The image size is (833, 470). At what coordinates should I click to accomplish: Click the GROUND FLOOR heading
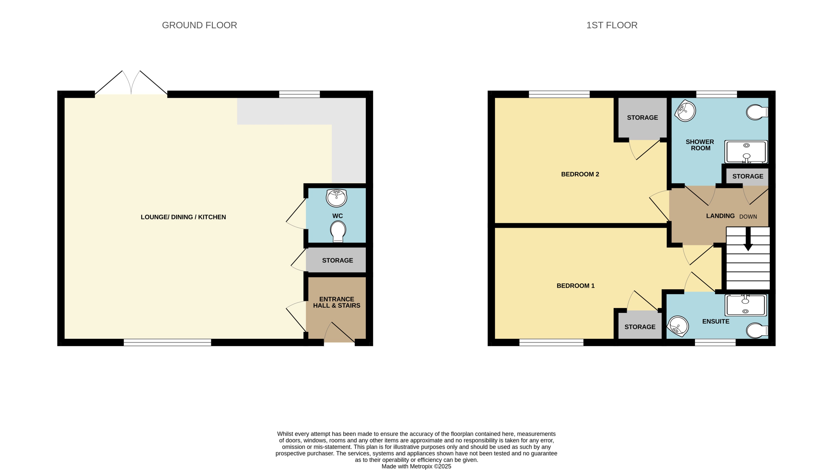[x=199, y=25]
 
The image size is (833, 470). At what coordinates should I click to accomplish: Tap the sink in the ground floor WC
[x=336, y=198]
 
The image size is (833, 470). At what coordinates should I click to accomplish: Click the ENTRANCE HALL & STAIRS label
[x=336, y=302]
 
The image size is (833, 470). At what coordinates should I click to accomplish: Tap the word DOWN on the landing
[x=748, y=217]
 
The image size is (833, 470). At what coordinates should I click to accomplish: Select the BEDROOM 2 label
[x=580, y=174]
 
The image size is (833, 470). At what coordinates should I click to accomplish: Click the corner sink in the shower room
[x=685, y=111]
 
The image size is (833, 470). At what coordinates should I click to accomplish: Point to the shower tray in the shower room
[x=746, y=152]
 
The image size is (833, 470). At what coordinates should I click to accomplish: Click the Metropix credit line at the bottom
[x=416, y=466]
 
